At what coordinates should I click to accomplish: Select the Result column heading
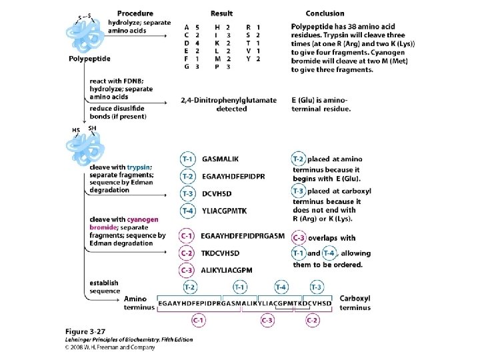[x=221, y=13]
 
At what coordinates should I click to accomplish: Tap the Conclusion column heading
[x=325, y=13]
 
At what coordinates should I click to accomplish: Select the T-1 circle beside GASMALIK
[x=189, y=160]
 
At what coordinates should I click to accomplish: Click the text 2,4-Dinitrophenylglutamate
[x=229, y=100]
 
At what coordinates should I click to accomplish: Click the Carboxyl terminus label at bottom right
[x=355, y=303]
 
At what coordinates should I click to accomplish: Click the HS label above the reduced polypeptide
[x=75, y=129]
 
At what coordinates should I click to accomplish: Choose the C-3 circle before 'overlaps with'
[x=299, y=238]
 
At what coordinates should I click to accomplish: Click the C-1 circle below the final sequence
[x=199, y=320]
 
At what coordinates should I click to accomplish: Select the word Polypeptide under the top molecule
[x=89, y=59]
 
